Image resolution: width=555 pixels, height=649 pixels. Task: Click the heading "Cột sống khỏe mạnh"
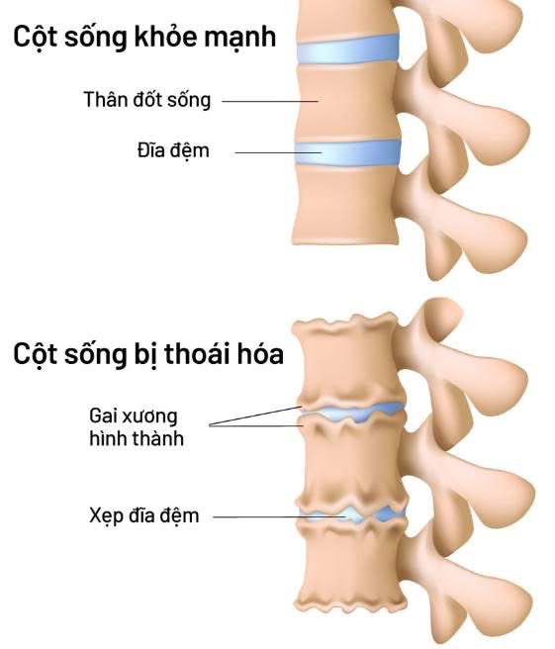click(x=144, y=38)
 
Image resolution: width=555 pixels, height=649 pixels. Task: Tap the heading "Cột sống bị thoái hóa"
click(x=148, y=354)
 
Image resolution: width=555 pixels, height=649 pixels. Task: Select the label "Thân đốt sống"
click(x=147, y=100)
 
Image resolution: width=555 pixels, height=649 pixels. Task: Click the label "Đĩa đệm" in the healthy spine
click(x=173, y=150)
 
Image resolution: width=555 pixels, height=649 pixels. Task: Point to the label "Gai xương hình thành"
click(x=137, y=427)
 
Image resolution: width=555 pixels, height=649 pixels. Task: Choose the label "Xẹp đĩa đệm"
click(x=144, y=515)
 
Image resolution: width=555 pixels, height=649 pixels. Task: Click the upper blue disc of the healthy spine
click(x=348, y=49)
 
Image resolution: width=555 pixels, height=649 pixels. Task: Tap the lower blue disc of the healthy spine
click(x=347, y=152)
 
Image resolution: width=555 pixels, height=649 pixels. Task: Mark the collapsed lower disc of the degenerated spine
click(x=352, y=514)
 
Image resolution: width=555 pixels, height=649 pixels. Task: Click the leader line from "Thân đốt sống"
click(x=270, y=101)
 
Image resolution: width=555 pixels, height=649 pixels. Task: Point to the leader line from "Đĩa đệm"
click(x=278, y=152)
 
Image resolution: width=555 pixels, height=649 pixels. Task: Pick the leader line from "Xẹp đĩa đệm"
click(x=279, y=517)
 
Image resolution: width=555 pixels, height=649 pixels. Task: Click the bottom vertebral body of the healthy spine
click(x=345, y=205)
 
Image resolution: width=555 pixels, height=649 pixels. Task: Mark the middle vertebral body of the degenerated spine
click(x=352, y=464)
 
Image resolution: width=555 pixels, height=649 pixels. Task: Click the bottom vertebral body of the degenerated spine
click(x=352, y=567)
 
